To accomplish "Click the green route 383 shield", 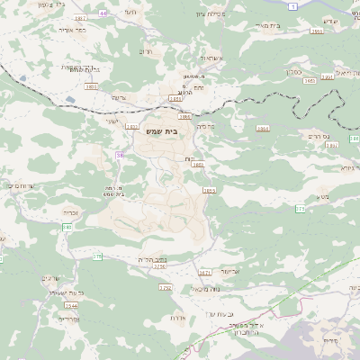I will pos(67,227).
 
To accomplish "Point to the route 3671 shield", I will pos(205,272).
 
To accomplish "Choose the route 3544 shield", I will pos(71,306).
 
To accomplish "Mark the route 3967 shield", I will pos(81,18).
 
